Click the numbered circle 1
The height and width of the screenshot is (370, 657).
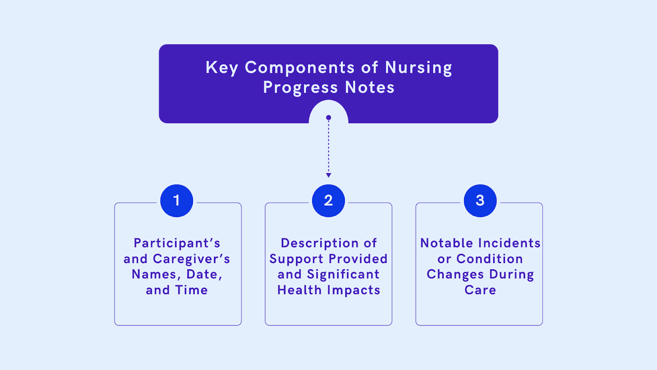177,201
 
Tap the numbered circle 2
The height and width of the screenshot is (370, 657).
328,201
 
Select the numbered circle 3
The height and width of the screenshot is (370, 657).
480,201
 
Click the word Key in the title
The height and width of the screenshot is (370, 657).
222,68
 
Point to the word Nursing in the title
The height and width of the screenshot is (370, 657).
418,68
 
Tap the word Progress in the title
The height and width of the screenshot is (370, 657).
300,88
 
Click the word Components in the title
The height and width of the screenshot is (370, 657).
300,68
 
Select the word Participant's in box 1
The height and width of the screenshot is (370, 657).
177,243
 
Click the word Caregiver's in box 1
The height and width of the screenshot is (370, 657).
191,259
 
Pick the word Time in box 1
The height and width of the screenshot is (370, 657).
191,290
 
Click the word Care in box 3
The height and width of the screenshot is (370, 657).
480,290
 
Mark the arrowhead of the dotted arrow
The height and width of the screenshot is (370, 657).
328,175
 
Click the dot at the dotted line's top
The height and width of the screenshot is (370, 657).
328,118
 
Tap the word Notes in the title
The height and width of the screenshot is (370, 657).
370,88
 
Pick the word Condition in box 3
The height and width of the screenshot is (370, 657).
489,259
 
